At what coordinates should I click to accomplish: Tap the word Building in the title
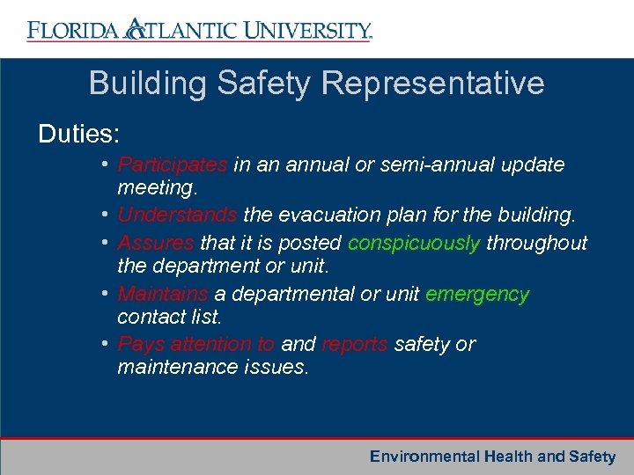tap(144, 84)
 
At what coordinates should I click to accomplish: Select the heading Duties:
tap(79, 134)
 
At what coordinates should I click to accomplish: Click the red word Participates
tap(173, 165)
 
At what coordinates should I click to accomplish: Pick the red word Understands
tap(177, 216)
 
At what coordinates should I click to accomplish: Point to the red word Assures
tap(156, 243)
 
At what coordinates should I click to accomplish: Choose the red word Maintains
tap(163, 294)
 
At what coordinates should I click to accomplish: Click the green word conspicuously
tap(414, 243)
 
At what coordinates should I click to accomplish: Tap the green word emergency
tap(477, 294)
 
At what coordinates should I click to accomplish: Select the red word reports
tap(355, 344)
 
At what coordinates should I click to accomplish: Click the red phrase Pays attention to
tap(196, 344)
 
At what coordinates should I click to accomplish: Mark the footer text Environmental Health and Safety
tap(492, 457)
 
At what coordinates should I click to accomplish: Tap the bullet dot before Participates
tap(105, 164)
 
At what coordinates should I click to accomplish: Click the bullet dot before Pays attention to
tap(105, 343)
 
